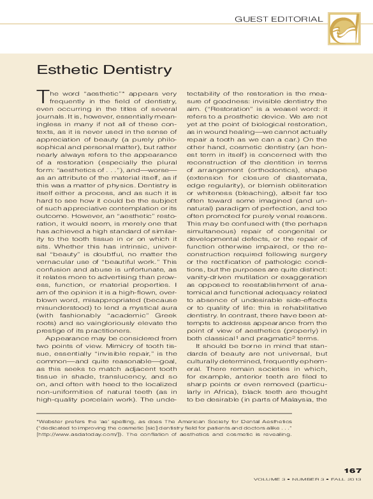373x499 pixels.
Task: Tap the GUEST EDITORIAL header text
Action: (279, 19)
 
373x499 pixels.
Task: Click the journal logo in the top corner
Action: (344, 29)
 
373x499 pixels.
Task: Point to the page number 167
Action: (353, 471)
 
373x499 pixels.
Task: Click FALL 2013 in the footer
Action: (346, 479)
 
